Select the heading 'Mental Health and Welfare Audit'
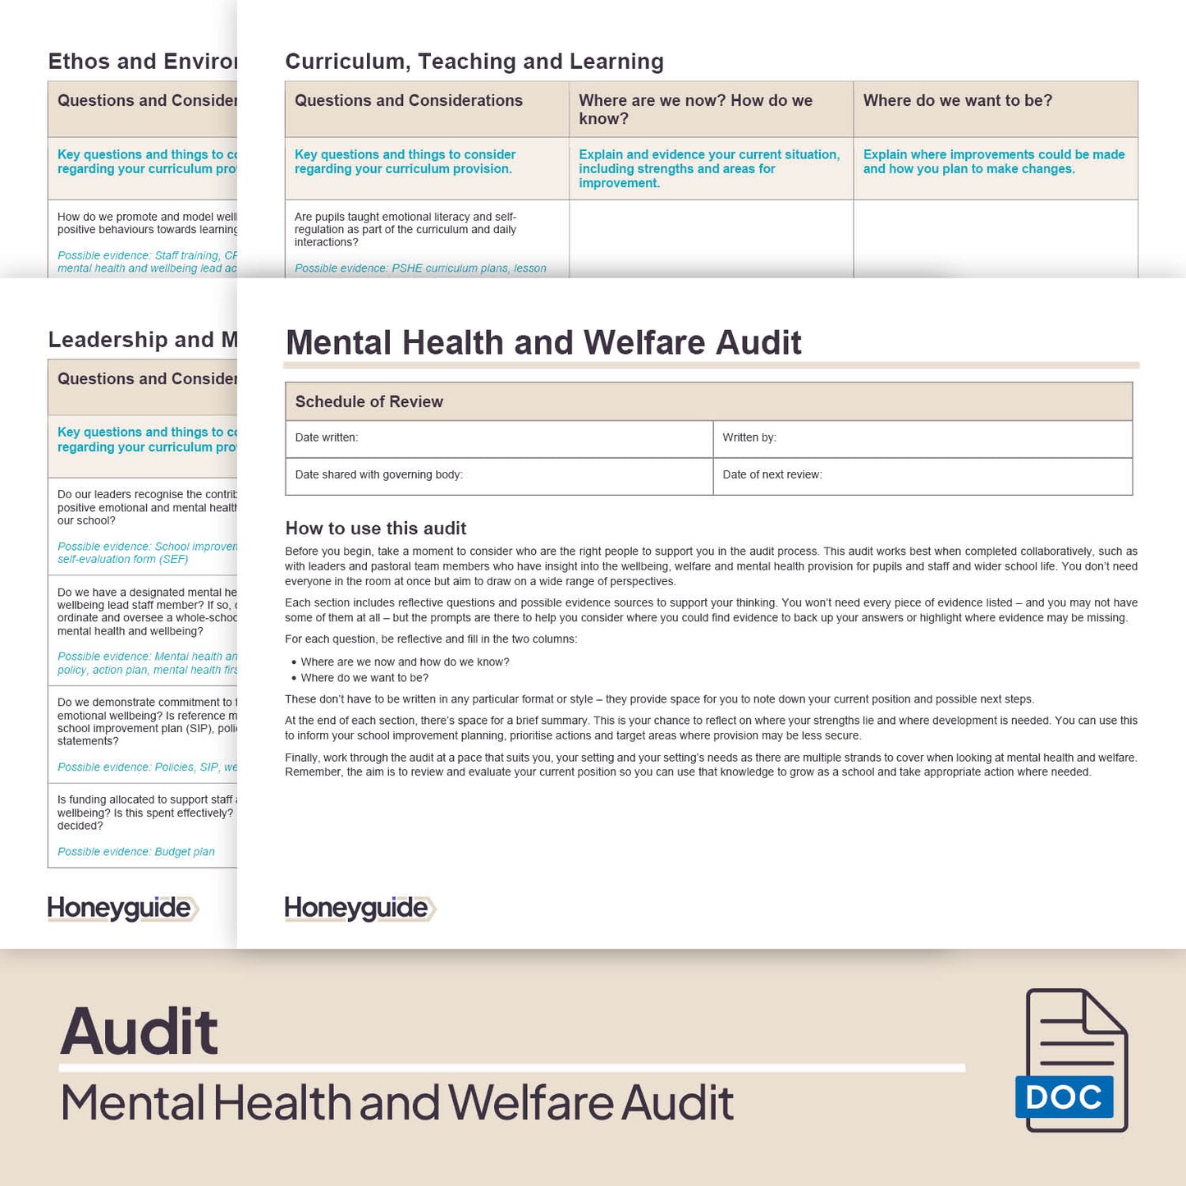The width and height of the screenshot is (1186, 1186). pyautogui.click(x=543, y=342)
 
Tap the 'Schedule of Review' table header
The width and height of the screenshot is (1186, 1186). pyautogui.click(x=369, y=401)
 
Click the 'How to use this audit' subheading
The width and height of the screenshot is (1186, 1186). pyautogui.click(x=376, y=529)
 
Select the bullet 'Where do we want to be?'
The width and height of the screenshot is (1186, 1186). pyautogui.click(x=364, y=678)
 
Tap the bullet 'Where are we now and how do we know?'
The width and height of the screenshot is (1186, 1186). pyautogui.click(x=405, y=662)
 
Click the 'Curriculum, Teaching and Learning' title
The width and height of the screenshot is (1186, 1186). pyautogui.click(x=474, y=62)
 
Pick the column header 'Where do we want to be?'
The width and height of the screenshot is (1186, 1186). pyautogui.click(x=958, y=101)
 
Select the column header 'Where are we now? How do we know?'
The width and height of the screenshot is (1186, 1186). pyautogui.click(x=695, y=109)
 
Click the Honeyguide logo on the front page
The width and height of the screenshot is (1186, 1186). pyautogui.click(x=359, y=909)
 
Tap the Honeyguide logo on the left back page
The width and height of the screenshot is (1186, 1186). pyautogui.click(x=122, y=909)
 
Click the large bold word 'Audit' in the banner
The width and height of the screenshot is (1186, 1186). pyautogui.click(x=140, y=1032)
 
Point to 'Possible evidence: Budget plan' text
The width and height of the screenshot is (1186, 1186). pyautogui.click(x=136, y=852)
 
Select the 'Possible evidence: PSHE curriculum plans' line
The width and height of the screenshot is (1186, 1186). pyautogui.click(x=420, y=268)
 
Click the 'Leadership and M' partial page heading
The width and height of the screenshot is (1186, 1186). pyautogui.click(x=143, y=340)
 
